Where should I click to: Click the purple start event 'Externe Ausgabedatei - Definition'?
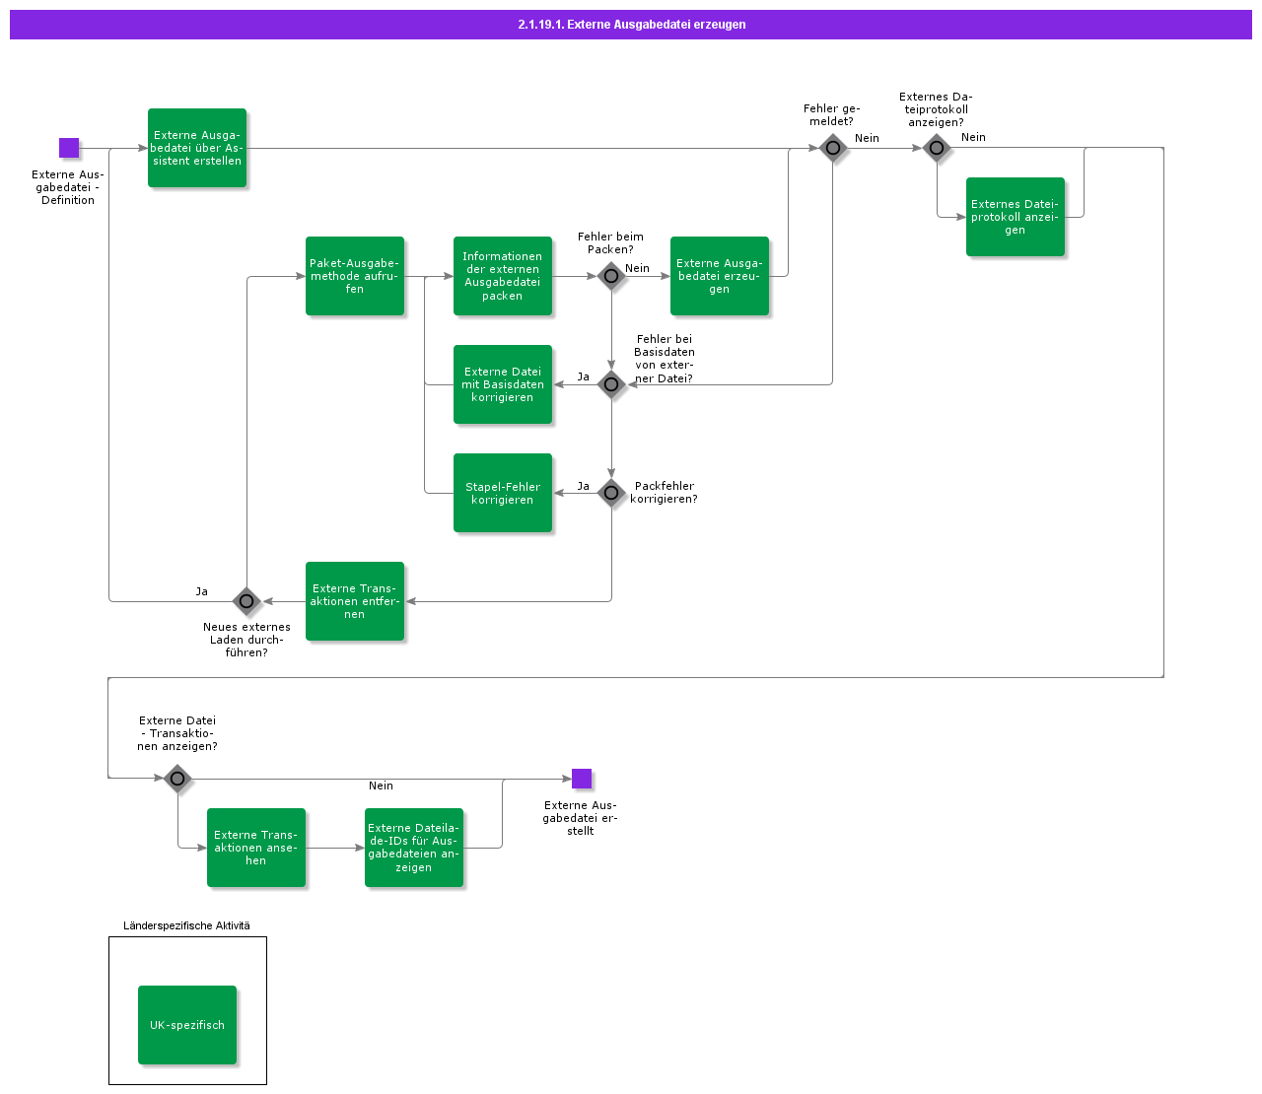69,148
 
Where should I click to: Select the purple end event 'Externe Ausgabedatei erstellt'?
582,779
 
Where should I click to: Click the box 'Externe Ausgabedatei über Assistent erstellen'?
197,148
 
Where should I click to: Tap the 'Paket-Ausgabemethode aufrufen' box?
355,276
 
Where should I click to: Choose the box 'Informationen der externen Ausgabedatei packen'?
503,276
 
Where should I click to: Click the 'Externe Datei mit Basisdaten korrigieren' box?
503,384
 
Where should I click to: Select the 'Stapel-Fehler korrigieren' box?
503,493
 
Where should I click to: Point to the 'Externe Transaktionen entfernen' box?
355,601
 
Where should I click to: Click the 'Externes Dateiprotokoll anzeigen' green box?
1016,217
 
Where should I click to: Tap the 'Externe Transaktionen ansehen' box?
256,848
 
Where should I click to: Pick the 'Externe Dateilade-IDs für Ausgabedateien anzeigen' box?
414,848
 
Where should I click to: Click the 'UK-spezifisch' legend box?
187,1025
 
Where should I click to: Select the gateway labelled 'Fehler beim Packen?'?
611,276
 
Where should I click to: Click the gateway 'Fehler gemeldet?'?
833,148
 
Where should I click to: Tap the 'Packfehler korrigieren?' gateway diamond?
611,493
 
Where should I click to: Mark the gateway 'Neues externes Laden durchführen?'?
246,600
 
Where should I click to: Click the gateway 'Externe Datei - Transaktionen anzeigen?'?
177,779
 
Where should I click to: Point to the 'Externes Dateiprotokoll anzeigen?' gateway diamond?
937,148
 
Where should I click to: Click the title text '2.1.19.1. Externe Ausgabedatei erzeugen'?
631,25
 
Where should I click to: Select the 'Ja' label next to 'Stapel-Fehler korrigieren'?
584,486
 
